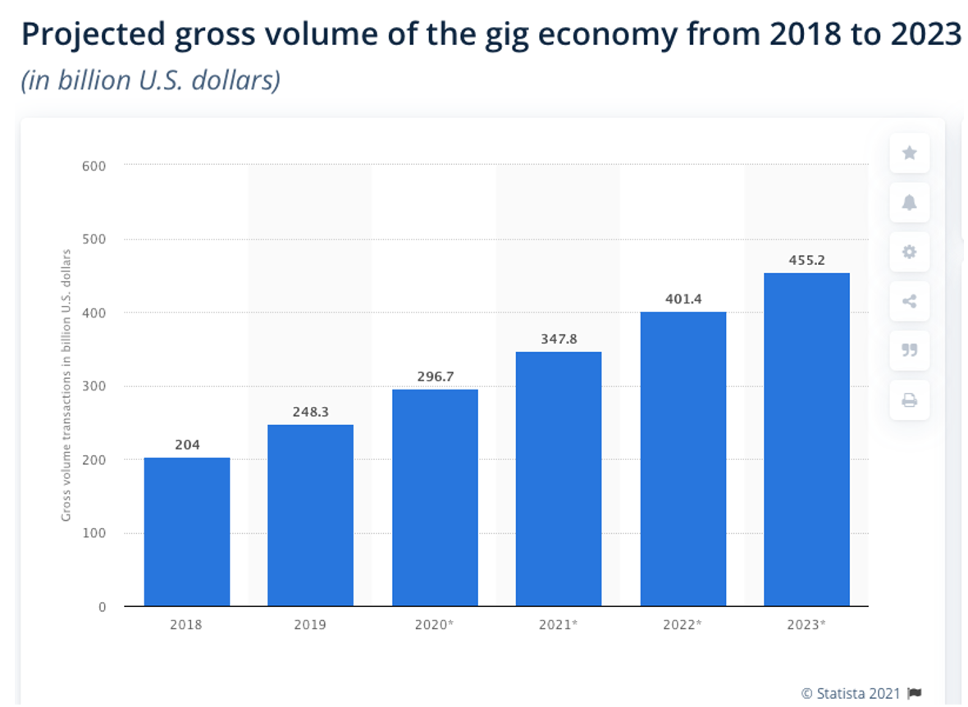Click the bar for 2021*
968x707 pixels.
click(559, 479)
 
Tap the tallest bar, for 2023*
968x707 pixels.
click(806, 440)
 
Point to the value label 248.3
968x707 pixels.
click(310, 412)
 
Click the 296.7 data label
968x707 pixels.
click(435, 376)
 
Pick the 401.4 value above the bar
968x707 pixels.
click(683, 299)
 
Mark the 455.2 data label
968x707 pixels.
click(806, 260)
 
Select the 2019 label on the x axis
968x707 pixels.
click(310, 624)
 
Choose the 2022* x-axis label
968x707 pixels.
click(683, 624)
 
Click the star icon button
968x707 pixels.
click(909, 153)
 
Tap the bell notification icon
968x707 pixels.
click(909, 203)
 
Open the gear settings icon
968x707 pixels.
click(909, 252)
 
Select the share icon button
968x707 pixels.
click(909, 301)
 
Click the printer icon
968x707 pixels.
click(909, 400)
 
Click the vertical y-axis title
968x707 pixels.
click(66, 384)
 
